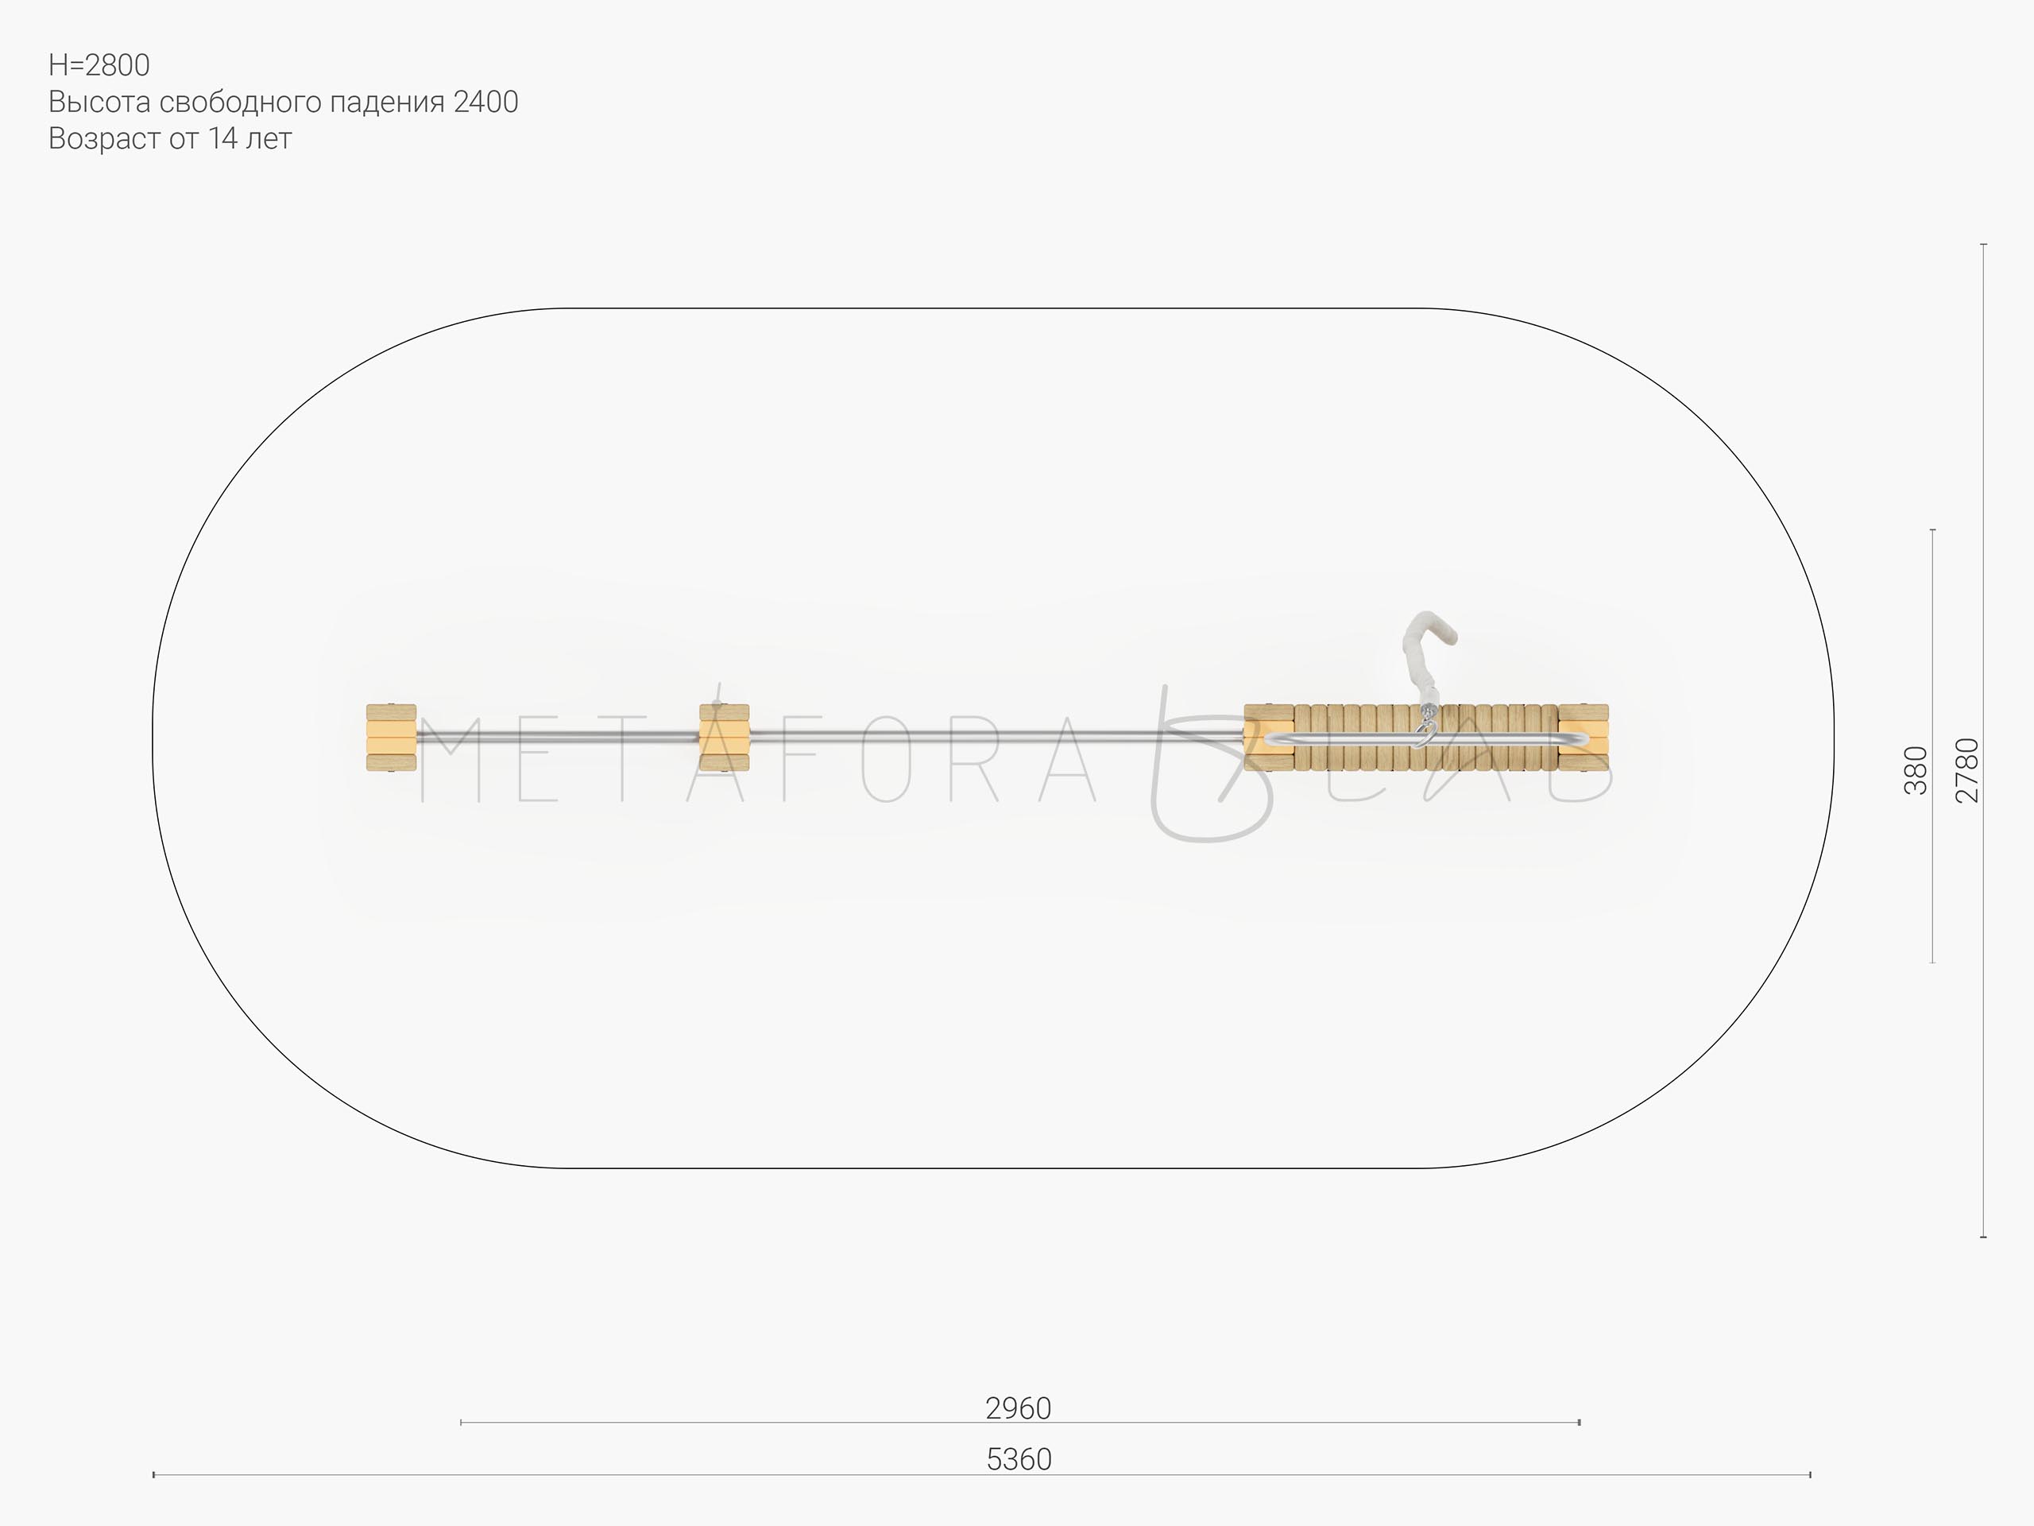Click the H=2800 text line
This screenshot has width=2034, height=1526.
99,65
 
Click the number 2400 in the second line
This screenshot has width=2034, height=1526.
485,102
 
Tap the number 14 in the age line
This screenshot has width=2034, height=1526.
223,139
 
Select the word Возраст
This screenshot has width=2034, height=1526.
104,140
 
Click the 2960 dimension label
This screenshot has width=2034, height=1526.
1018,1408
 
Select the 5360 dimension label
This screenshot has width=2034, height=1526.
1019,1460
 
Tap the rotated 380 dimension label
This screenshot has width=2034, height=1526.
1916,770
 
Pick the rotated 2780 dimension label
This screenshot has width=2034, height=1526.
1967,770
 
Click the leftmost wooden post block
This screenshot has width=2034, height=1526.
391,738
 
